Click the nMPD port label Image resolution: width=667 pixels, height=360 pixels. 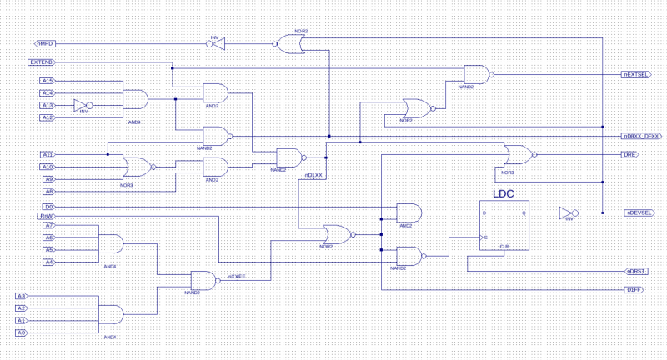45,43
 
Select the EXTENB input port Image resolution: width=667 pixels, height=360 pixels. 41,62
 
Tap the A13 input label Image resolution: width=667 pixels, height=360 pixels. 48,105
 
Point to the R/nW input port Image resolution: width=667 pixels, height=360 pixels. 47,216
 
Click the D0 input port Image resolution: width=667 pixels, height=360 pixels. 48,207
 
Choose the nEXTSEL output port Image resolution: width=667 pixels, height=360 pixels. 636,75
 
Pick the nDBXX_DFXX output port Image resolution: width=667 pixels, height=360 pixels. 641,136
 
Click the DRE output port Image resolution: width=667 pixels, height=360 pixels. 629,154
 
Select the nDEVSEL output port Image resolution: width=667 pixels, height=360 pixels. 639,212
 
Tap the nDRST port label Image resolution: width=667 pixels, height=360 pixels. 636,271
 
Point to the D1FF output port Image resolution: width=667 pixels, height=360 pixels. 634,289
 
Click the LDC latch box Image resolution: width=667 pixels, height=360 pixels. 504,224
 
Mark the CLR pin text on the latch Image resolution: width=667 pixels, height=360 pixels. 504,246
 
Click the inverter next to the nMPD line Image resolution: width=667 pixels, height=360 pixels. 215,43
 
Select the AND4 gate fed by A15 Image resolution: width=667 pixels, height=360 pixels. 135,99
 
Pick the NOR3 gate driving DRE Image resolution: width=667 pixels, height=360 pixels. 518,154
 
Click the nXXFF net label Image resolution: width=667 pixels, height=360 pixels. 237,276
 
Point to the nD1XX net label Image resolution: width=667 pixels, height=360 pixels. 313,175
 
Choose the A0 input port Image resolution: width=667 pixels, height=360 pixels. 21,332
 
